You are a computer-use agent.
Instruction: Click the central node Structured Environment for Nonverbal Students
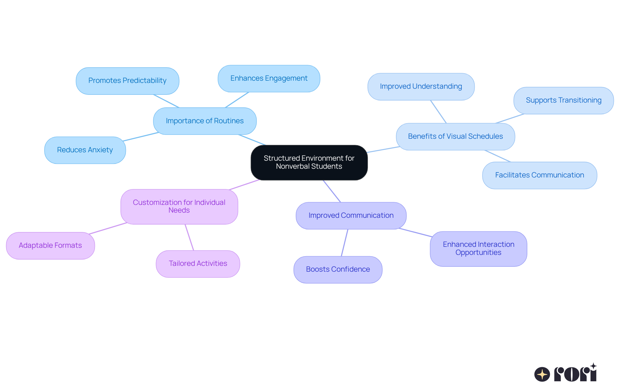pos(309,162)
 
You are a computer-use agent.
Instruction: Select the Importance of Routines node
pos(205,121)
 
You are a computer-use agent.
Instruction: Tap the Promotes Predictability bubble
pos(127,81)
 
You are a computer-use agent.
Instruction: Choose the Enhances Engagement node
pos(269,78)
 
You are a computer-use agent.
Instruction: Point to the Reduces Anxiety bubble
pos(85,150)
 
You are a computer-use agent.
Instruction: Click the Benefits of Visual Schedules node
pos(455,136)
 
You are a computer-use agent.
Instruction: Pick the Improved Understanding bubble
pos(421,86)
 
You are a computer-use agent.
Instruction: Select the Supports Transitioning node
pos(563,100)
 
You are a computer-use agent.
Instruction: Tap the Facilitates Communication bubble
pos(539,175)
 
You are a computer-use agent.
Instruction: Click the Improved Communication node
pos(351,216)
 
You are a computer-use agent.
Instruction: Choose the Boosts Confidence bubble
pos(338,269)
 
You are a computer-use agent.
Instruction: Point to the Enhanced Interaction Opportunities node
pos(478,248)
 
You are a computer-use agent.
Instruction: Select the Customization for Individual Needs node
pos(179,206)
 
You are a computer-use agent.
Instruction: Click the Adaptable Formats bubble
pos(50,246)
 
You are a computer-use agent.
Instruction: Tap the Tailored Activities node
pos(198,264)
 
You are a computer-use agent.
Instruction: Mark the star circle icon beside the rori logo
pos(542,374)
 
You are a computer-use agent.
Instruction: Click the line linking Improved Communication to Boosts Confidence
pos(345,243)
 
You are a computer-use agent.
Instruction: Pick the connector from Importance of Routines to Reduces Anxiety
pos(140,137)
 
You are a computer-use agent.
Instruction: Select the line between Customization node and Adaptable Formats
pos(108,228)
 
